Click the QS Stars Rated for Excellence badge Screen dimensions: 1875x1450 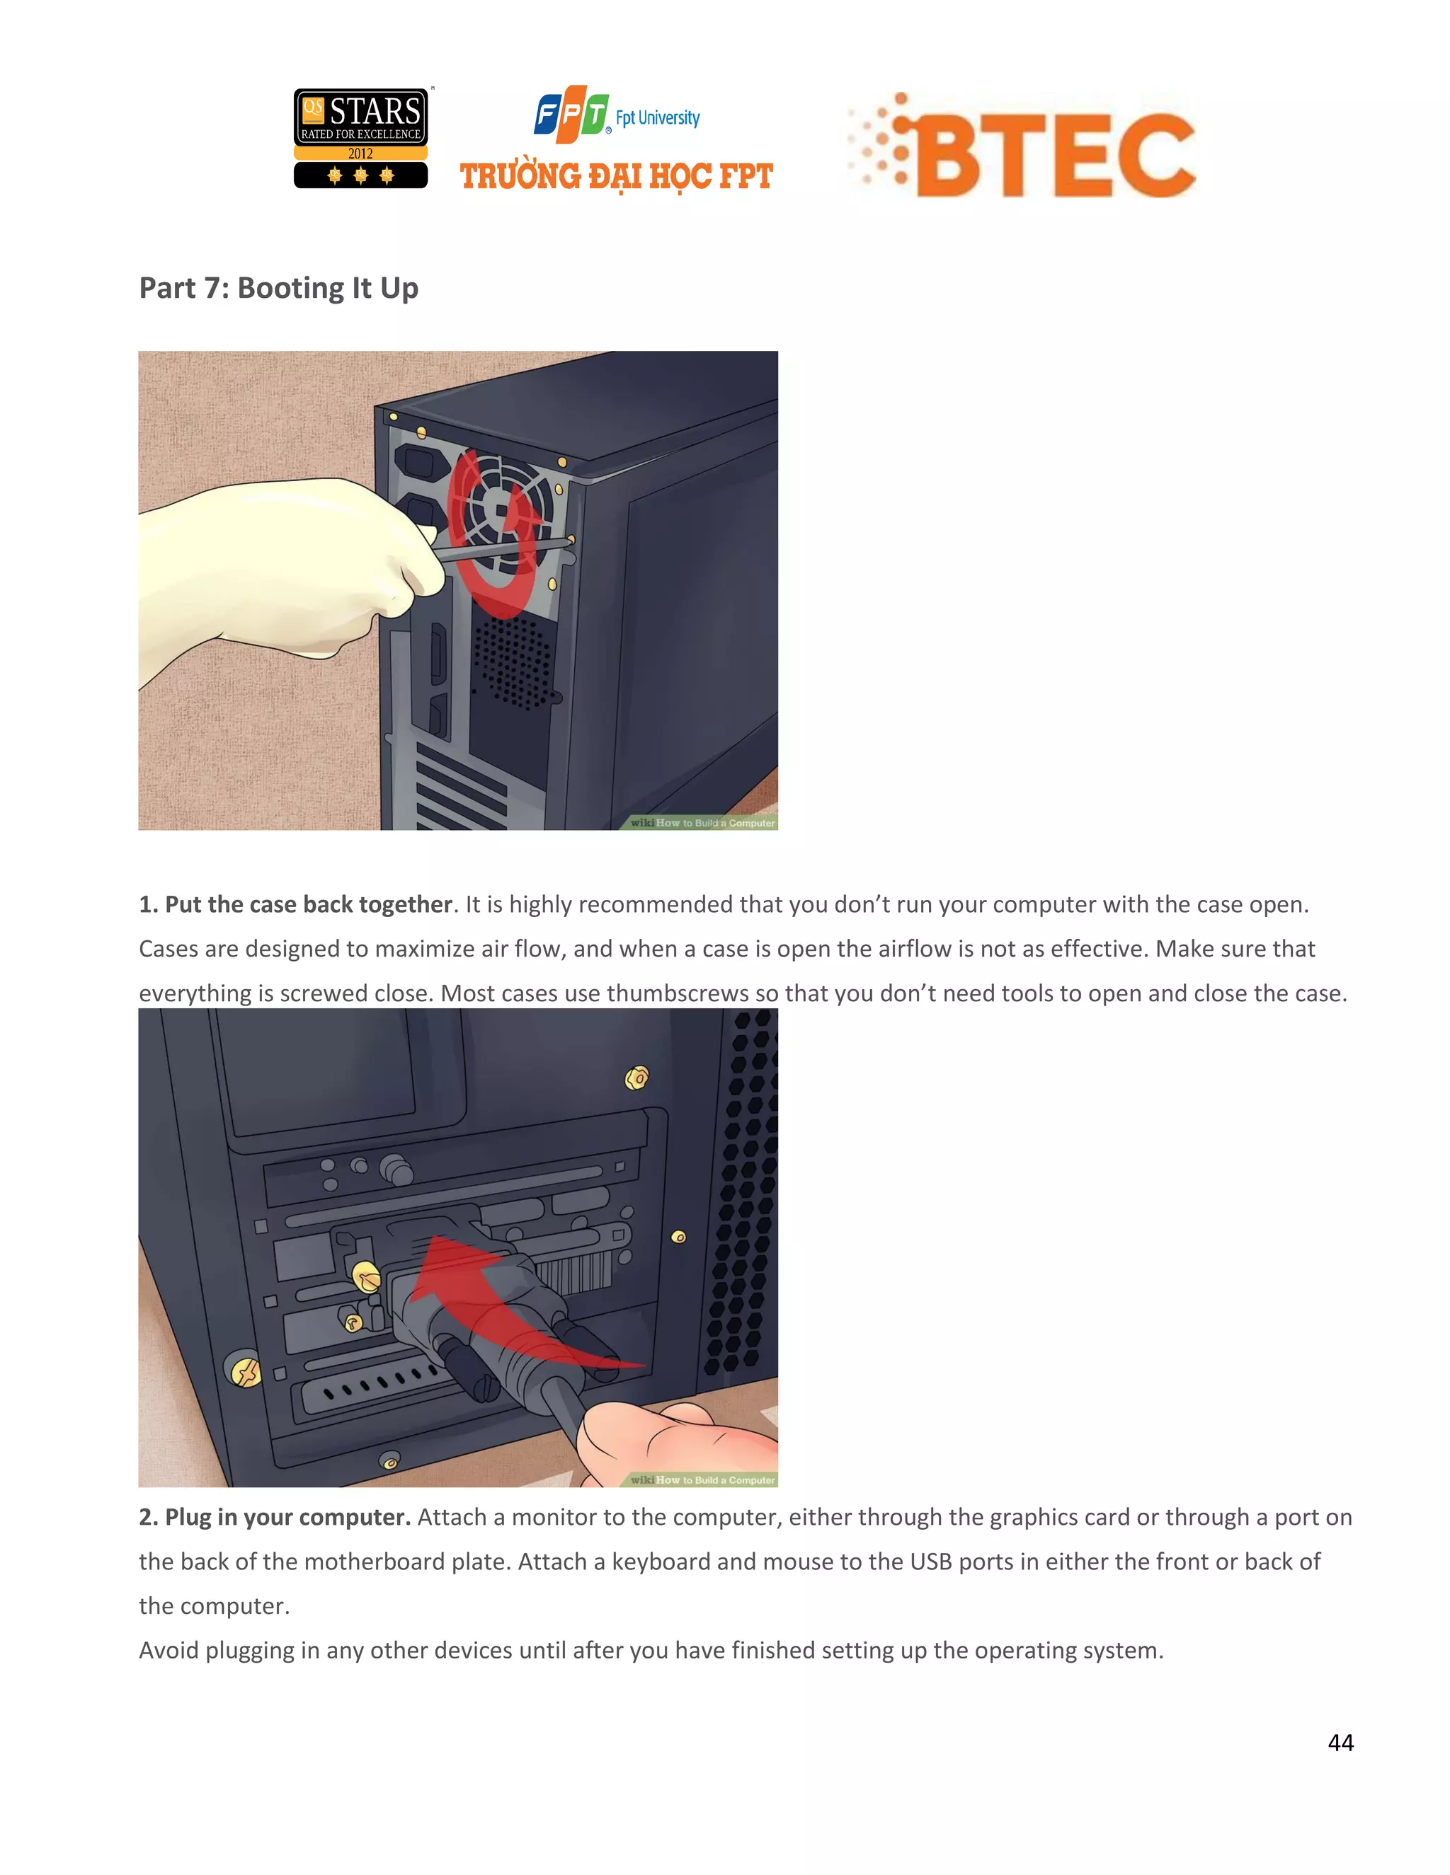pyautogui.click(x=361, y=137)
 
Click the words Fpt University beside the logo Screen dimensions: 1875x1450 pyautogui.click(x=657, y=117)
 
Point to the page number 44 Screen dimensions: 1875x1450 pyautogui.click(x=1340, y=1742)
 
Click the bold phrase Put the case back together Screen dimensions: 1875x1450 pyautogui.click(x=307, y=904)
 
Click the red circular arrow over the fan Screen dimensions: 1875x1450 pyautogui.click(x=496, y=532)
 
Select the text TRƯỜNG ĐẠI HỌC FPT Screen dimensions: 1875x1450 pyautogui.click(x=616, y=177)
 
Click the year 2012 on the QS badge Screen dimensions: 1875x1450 pyautogui.click(x=361, y=154)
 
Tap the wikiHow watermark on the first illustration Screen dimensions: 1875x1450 pyautogui.click(x=702, y=822)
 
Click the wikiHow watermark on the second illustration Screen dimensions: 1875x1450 pyautogui.click(x=702, y=1479)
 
